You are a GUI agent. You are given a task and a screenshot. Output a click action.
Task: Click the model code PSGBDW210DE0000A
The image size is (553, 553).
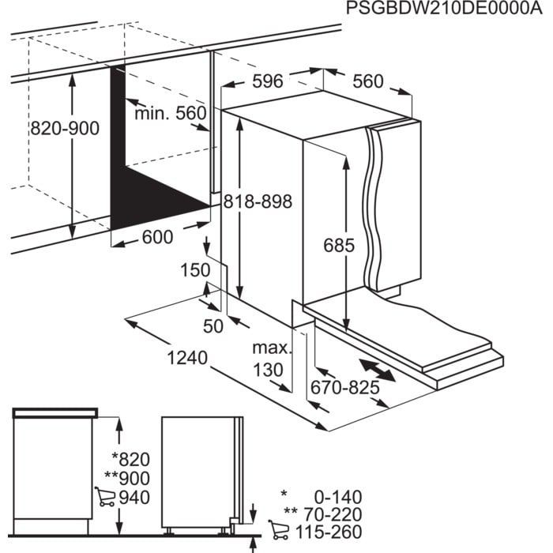click(447, 9)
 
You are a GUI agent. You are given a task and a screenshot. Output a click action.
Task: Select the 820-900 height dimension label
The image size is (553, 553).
click(65, 128)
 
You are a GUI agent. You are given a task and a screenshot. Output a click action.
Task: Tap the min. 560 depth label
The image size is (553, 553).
click(169, 114)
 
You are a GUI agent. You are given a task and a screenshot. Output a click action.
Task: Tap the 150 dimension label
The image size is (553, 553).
click(195, 271)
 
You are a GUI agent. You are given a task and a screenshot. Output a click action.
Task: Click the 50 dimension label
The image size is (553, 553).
click(213, 324)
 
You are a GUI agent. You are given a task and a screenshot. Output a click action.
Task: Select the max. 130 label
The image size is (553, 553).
click(267, 359)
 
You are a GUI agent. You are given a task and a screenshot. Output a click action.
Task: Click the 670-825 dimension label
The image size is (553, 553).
click(344, 387)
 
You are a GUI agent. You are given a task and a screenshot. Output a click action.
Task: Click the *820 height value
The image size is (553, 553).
click(130, 459)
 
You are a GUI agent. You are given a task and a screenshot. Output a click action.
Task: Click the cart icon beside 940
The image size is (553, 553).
click(103, 497)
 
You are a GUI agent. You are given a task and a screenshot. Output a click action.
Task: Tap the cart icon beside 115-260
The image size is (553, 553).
click(277, 530)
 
